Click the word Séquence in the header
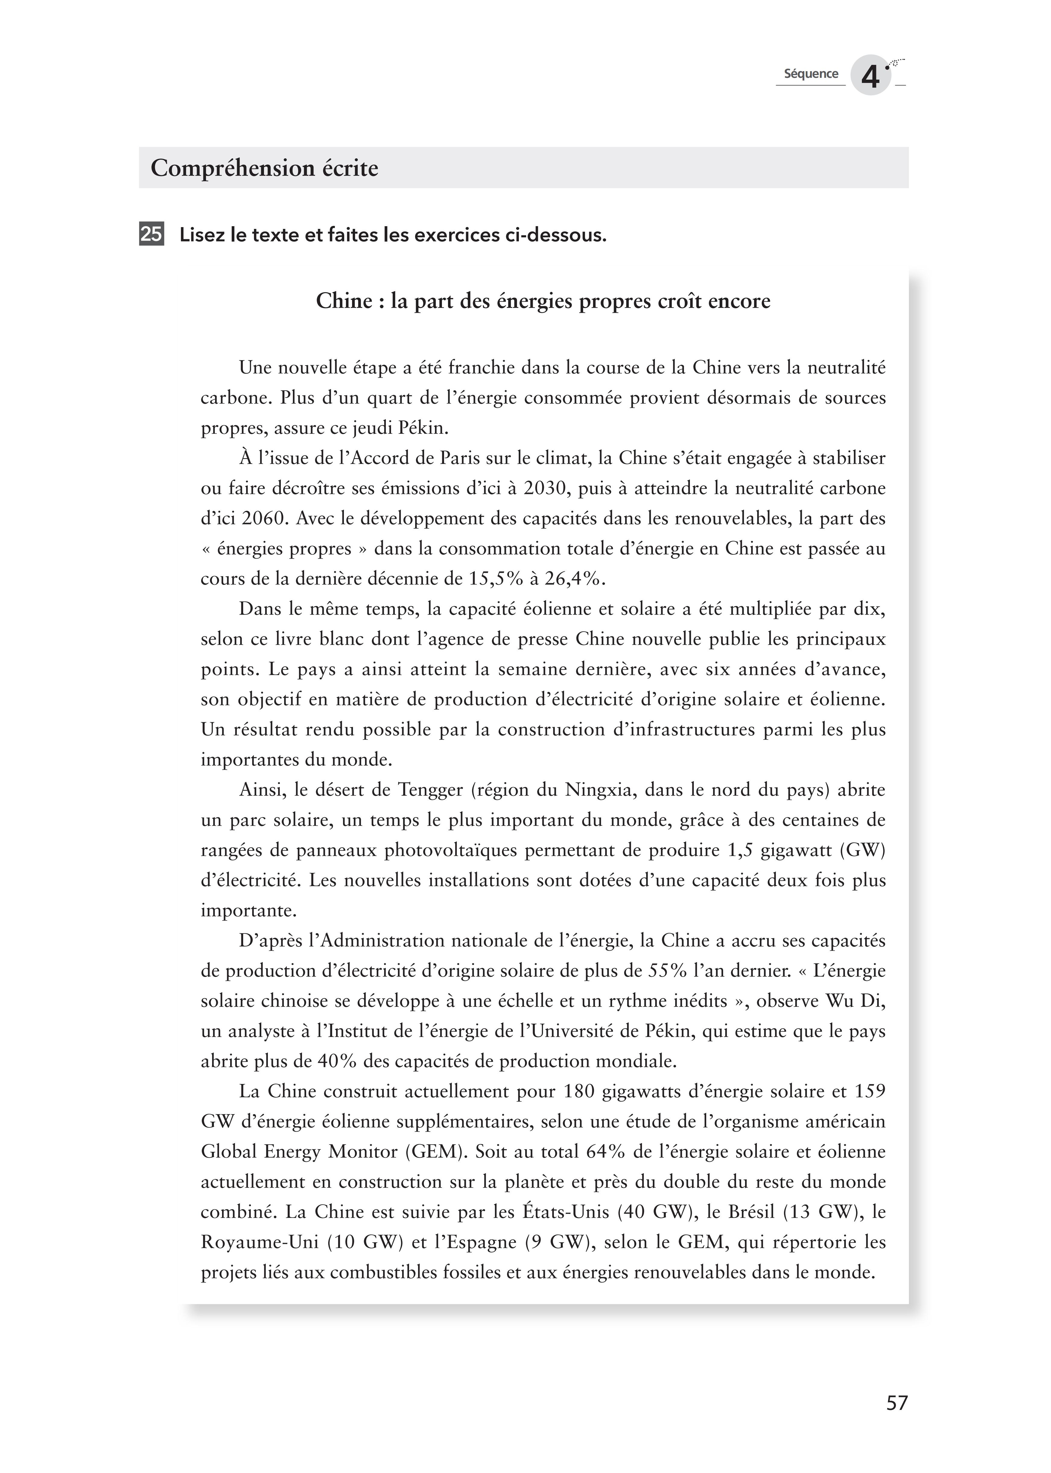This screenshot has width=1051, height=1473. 811,74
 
